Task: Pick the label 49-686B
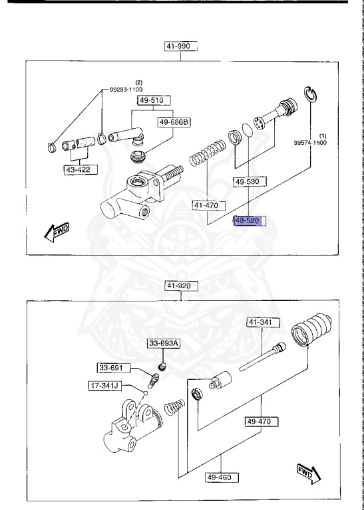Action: (x=174, y=122)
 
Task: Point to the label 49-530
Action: (x=250, y=181)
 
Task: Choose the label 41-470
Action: (x=206, y=205)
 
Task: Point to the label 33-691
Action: (x=112, y=367)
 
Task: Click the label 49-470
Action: (x=262, y=421)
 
